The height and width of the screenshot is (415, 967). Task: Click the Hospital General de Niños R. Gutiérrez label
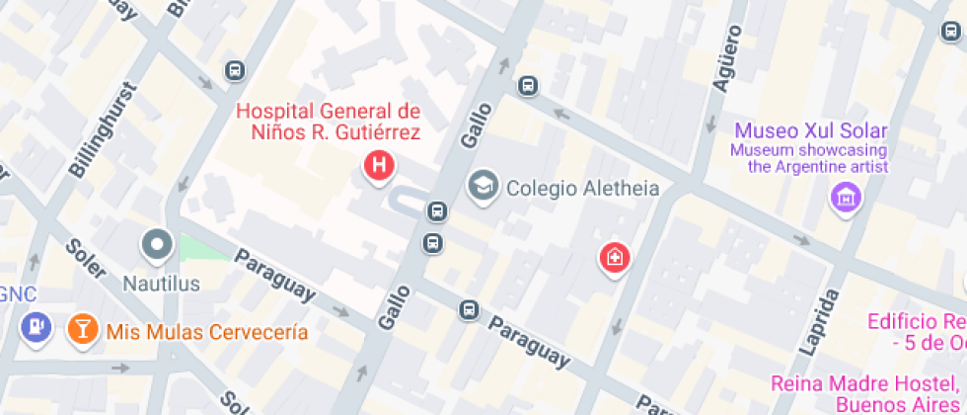click(x=328, y=121)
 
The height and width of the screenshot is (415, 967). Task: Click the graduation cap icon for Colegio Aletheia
click(x=483, y=185)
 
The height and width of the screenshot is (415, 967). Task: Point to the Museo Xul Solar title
click(x=811, y=130)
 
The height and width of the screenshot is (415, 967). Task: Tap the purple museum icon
click(x=846, y=198)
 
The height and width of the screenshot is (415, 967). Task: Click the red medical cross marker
click(x=616, y=259)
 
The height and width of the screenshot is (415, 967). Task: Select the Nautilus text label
click(x=161, y=284)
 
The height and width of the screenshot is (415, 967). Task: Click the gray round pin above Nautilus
click(x=157, y=243)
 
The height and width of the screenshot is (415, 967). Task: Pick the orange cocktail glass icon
click(x=82, y=329)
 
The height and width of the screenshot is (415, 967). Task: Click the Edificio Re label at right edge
click(x=916, y=321)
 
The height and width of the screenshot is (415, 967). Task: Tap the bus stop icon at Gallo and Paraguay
click(x=470, y=310)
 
